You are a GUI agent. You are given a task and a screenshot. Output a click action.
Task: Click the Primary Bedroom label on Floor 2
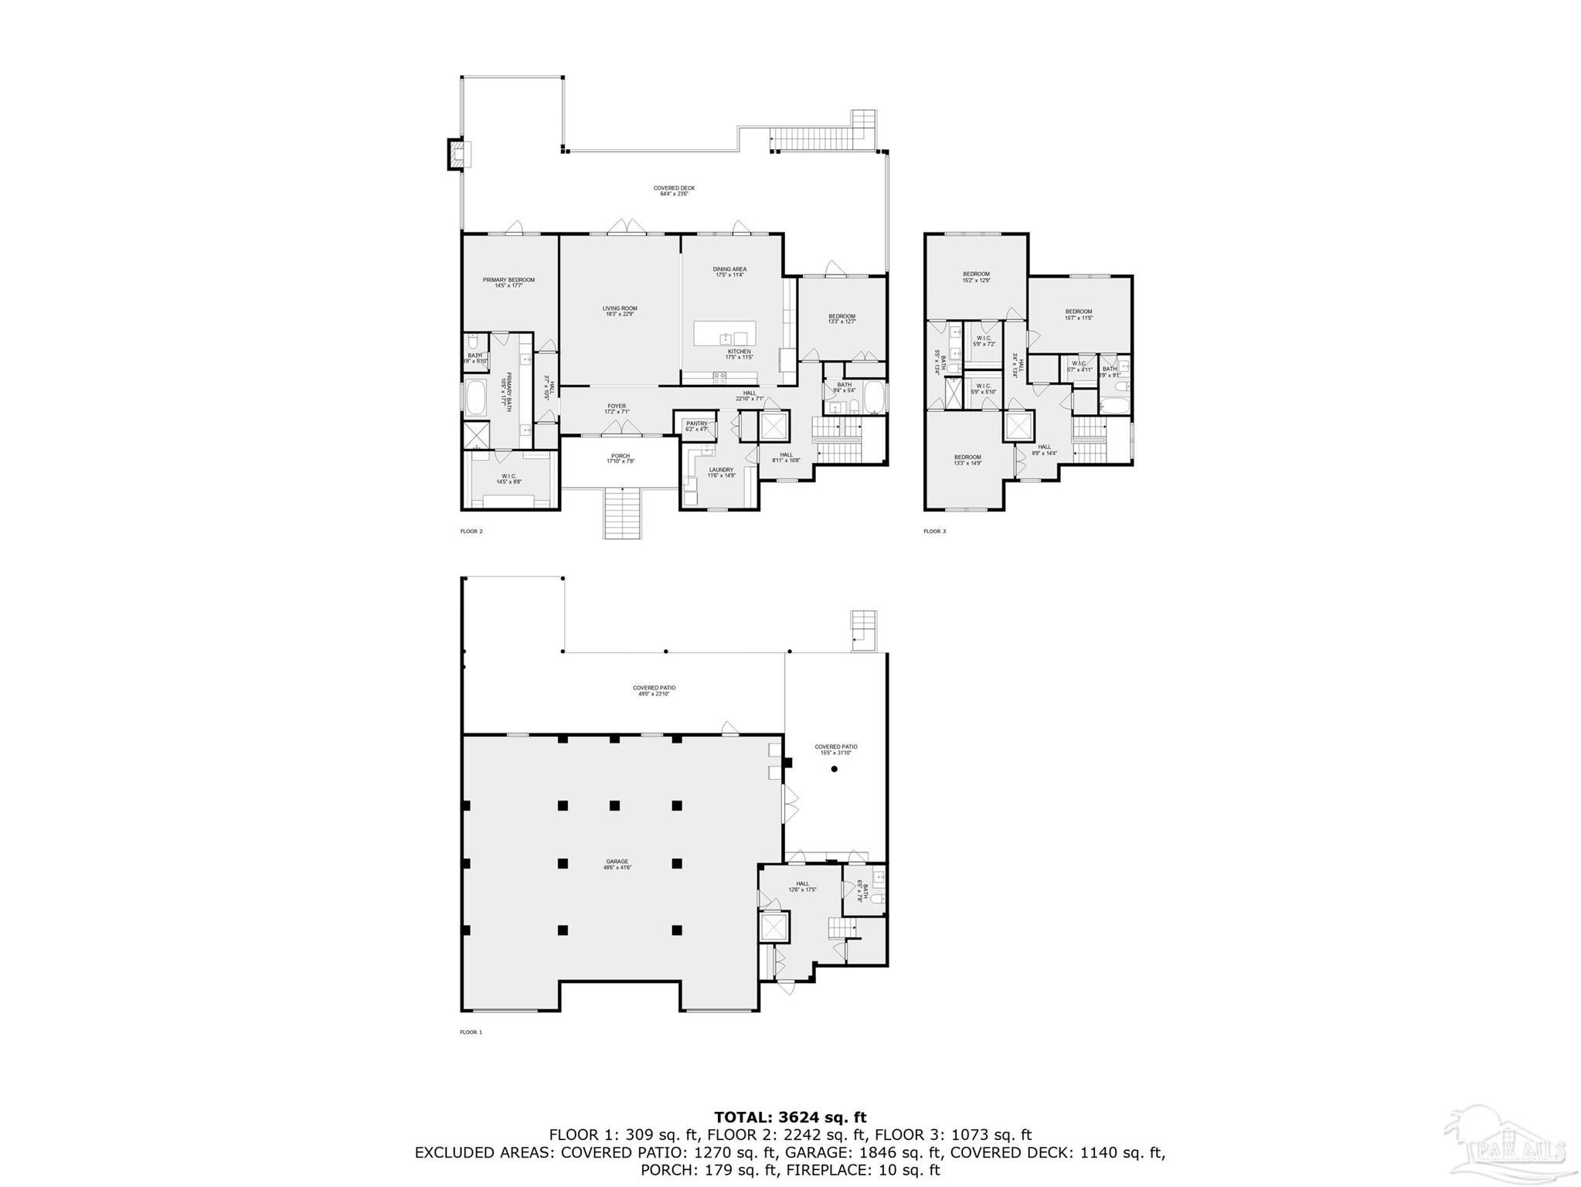tap(508, 282)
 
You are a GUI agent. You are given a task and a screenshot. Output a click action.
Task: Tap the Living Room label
tap(620, 311)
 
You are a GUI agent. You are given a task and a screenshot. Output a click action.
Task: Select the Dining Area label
tap(729, 271)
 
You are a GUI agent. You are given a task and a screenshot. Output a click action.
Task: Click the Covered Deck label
tap(674, 190)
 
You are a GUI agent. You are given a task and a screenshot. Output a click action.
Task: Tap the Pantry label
tap(696, 425)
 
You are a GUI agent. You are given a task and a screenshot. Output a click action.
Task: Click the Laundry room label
tap(720, 471)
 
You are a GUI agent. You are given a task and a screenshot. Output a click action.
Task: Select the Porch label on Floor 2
tap(620, 458)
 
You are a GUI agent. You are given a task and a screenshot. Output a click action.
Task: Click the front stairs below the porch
tap(622, 513)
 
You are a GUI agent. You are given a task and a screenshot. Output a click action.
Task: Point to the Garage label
tap(617, 864)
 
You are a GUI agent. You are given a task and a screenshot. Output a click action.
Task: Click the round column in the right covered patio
tap(834, 769)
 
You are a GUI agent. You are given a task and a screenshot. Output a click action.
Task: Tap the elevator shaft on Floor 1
tap(773, 927)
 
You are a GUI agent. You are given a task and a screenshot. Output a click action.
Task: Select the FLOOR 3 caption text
tap(934, 531)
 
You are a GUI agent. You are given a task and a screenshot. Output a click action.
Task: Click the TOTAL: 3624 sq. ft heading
tap(790, 1117)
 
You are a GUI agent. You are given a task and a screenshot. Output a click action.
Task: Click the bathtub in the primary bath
tap(475, 398)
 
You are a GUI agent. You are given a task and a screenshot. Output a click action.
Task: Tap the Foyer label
tap(616, 408)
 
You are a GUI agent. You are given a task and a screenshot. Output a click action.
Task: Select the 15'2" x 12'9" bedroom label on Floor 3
tap(976, 277)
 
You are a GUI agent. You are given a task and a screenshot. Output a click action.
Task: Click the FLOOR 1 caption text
tap(471, 1032)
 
